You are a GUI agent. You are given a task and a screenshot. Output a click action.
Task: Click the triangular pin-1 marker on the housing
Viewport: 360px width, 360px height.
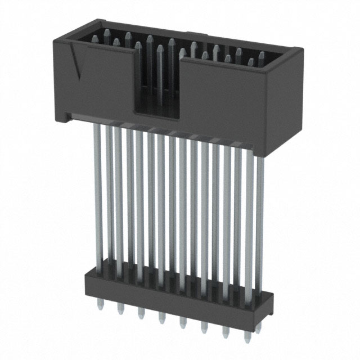click(x=74, y=62)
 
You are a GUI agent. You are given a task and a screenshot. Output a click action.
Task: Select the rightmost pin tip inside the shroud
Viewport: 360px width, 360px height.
click(x=262, y=56)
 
